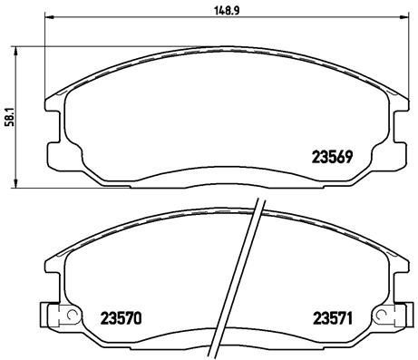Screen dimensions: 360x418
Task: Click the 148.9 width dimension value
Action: (215, 11)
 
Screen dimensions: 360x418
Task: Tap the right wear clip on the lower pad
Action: (392, 318)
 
